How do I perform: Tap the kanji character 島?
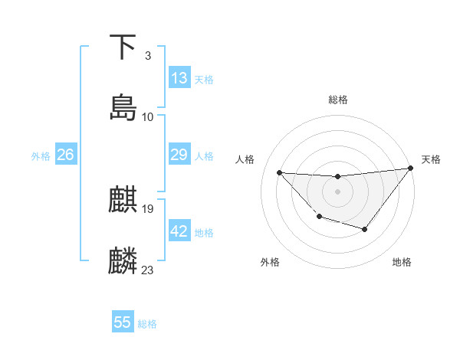click(x=123, y=107)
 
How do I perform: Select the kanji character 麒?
click(x=123, y=200)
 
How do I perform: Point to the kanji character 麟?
click(x=123, y=260)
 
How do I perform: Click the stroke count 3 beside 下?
click(x=147, y=56)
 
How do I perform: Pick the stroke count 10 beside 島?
click(x=148, y=117)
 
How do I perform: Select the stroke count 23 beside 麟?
click(x=148, y=270)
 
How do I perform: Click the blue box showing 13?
click(x=179, y=78)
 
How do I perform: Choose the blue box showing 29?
click(x=179, y=155)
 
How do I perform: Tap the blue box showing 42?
click(x=179, y=231)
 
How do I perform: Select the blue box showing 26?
click(x=65, y=155)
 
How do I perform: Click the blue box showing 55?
click(x=123, y=322)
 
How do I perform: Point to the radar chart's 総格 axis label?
click(x=337, y=100)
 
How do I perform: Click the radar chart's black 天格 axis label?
click(x=431, y=159)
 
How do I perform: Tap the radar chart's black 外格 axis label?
click(x=269, y=262)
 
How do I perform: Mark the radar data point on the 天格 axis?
click(x=412, y=169)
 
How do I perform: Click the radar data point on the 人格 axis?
click(x=280, y=173)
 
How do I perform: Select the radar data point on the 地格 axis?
click(x=365, y=229)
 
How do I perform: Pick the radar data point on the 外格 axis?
click(x=319, y=217)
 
